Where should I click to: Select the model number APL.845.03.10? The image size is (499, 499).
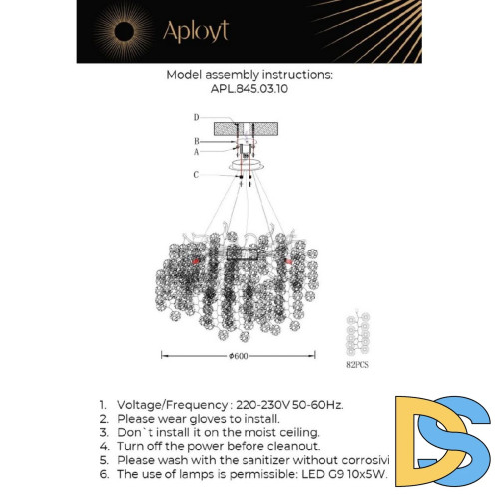pyautogui.click(x=249, y=88)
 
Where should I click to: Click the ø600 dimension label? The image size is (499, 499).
pyautogui.click(x=238, y=355)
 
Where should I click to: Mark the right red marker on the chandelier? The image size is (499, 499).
pyautogui.click(x=290, y=261)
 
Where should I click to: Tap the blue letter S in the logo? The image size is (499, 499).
pyautogui.click(x=467, y=445)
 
